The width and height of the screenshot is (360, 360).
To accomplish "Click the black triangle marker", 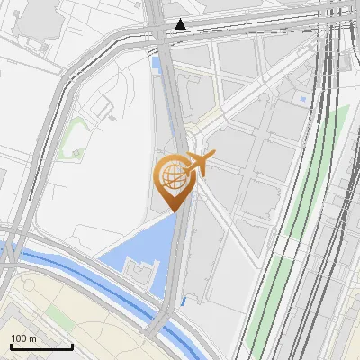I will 182,24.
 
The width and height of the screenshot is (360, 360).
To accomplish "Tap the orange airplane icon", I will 199,163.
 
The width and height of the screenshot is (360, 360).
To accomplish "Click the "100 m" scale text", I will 24,338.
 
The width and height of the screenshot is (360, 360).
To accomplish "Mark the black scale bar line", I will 41,346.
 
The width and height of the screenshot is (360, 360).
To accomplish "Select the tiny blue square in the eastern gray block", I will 303,97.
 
